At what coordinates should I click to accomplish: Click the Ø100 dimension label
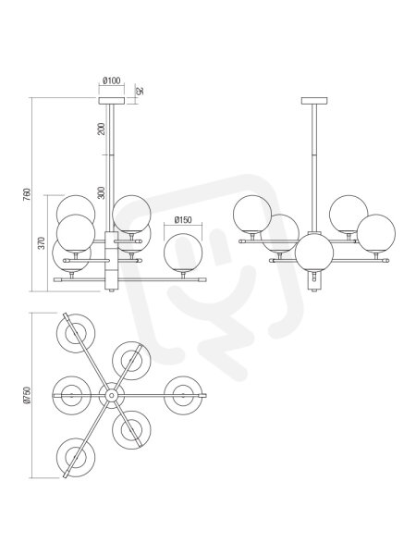112,80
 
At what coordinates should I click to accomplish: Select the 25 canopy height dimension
140,91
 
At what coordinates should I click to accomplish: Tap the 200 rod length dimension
102,129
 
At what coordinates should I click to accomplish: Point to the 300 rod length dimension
102,193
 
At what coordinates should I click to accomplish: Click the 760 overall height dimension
27,194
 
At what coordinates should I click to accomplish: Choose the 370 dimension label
42,242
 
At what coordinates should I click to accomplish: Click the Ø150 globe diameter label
183,220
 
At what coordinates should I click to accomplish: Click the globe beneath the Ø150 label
183,253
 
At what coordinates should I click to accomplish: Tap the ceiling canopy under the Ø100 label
112,101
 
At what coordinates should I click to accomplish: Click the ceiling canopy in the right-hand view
314,101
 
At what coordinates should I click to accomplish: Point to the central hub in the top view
112,395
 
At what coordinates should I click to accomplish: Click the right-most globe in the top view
183,395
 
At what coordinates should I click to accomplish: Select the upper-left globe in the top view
76,333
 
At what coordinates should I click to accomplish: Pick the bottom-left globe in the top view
76,457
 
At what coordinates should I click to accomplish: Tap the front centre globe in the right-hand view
314,253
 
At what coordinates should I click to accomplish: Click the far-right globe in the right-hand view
376,233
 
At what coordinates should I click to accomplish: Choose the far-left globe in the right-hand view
252,215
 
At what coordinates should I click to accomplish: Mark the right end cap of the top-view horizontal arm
203,395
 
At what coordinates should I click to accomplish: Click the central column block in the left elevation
112,260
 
